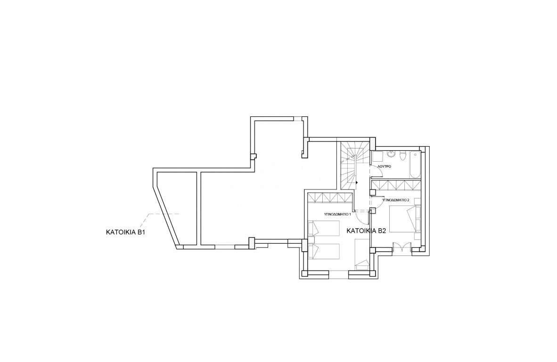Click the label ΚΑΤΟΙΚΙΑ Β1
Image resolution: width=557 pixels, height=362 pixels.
coord(126,233)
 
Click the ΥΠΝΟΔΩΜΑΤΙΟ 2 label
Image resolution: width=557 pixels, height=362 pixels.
coord(396,200)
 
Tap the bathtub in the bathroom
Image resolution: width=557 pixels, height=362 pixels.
coord(415,165)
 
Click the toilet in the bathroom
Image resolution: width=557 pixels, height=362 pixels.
coord(403,156)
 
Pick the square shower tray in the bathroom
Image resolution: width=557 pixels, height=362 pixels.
coord(377,156)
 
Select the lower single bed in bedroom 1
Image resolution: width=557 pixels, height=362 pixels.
coord(323,251)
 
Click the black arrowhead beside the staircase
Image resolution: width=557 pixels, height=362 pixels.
coord(356,182)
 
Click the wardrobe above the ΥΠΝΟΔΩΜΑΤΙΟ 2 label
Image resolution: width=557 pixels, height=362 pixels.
coord(396,185)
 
